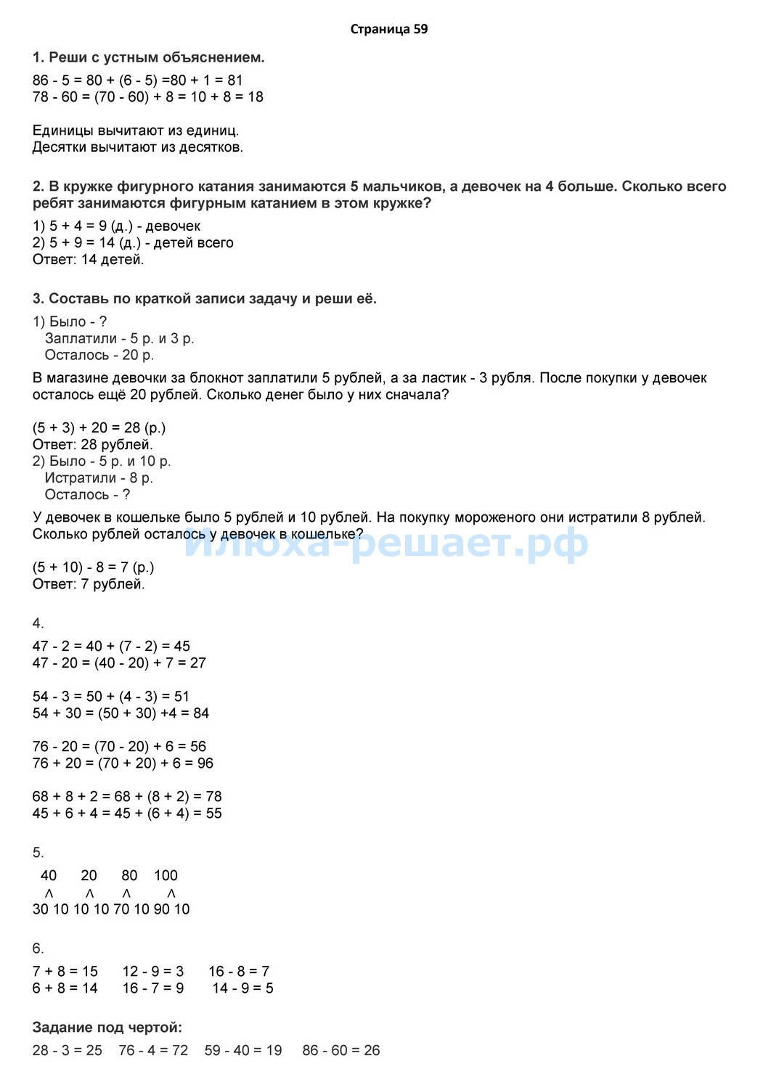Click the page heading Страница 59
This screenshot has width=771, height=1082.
point(388,30)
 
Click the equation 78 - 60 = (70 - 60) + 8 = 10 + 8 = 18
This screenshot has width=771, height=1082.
point(148,97)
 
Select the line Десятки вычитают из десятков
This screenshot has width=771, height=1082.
point(138,148)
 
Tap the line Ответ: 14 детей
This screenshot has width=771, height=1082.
point(89,260)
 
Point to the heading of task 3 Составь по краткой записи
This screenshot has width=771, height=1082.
point(205,299)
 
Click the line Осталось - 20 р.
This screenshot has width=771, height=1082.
point(99,356)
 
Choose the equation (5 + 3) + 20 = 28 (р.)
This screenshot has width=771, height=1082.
point(99,428)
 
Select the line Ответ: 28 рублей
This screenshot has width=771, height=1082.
point(93,445)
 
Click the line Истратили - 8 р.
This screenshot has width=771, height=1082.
point(99,478)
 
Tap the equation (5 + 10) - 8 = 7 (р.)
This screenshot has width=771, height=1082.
point(94,567)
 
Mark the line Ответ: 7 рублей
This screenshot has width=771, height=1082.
point(89,584)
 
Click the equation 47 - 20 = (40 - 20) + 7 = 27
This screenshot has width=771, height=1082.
point(119,663)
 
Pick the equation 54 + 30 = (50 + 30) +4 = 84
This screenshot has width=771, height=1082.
point(121,713)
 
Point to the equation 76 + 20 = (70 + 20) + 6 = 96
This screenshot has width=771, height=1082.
point(123,763)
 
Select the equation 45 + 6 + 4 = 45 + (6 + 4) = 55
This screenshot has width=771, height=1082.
point(127,813)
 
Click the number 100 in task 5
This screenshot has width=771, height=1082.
point(166,876)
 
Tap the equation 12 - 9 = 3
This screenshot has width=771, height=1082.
point(153,972)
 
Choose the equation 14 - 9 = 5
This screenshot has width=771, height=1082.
point(242,988)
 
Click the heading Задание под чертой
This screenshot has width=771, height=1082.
point(107,1028)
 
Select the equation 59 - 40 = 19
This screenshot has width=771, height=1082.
point(243,1051)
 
